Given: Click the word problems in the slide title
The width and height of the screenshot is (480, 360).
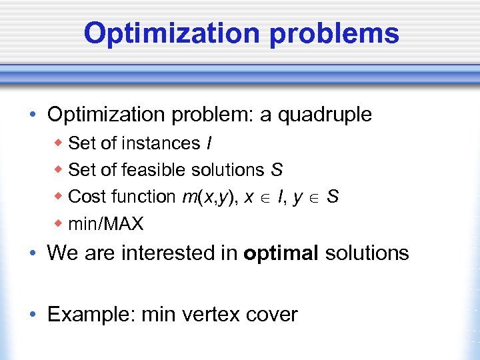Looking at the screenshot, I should pyautogui.click(x=335, y=34).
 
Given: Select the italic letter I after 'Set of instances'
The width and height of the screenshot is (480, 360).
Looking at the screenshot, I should pyautogui.click(x=209, y=143).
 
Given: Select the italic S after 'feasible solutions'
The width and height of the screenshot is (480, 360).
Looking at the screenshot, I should pyautogui.click(x=276, y=170).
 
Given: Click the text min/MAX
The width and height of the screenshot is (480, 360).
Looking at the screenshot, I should pyautogui.click(x=105, y=223).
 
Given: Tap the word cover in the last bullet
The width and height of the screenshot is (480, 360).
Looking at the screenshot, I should pyautogui.click(x=270, y=314).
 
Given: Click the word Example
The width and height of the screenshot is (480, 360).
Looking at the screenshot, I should pyautogui.click(x=91, y=314).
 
